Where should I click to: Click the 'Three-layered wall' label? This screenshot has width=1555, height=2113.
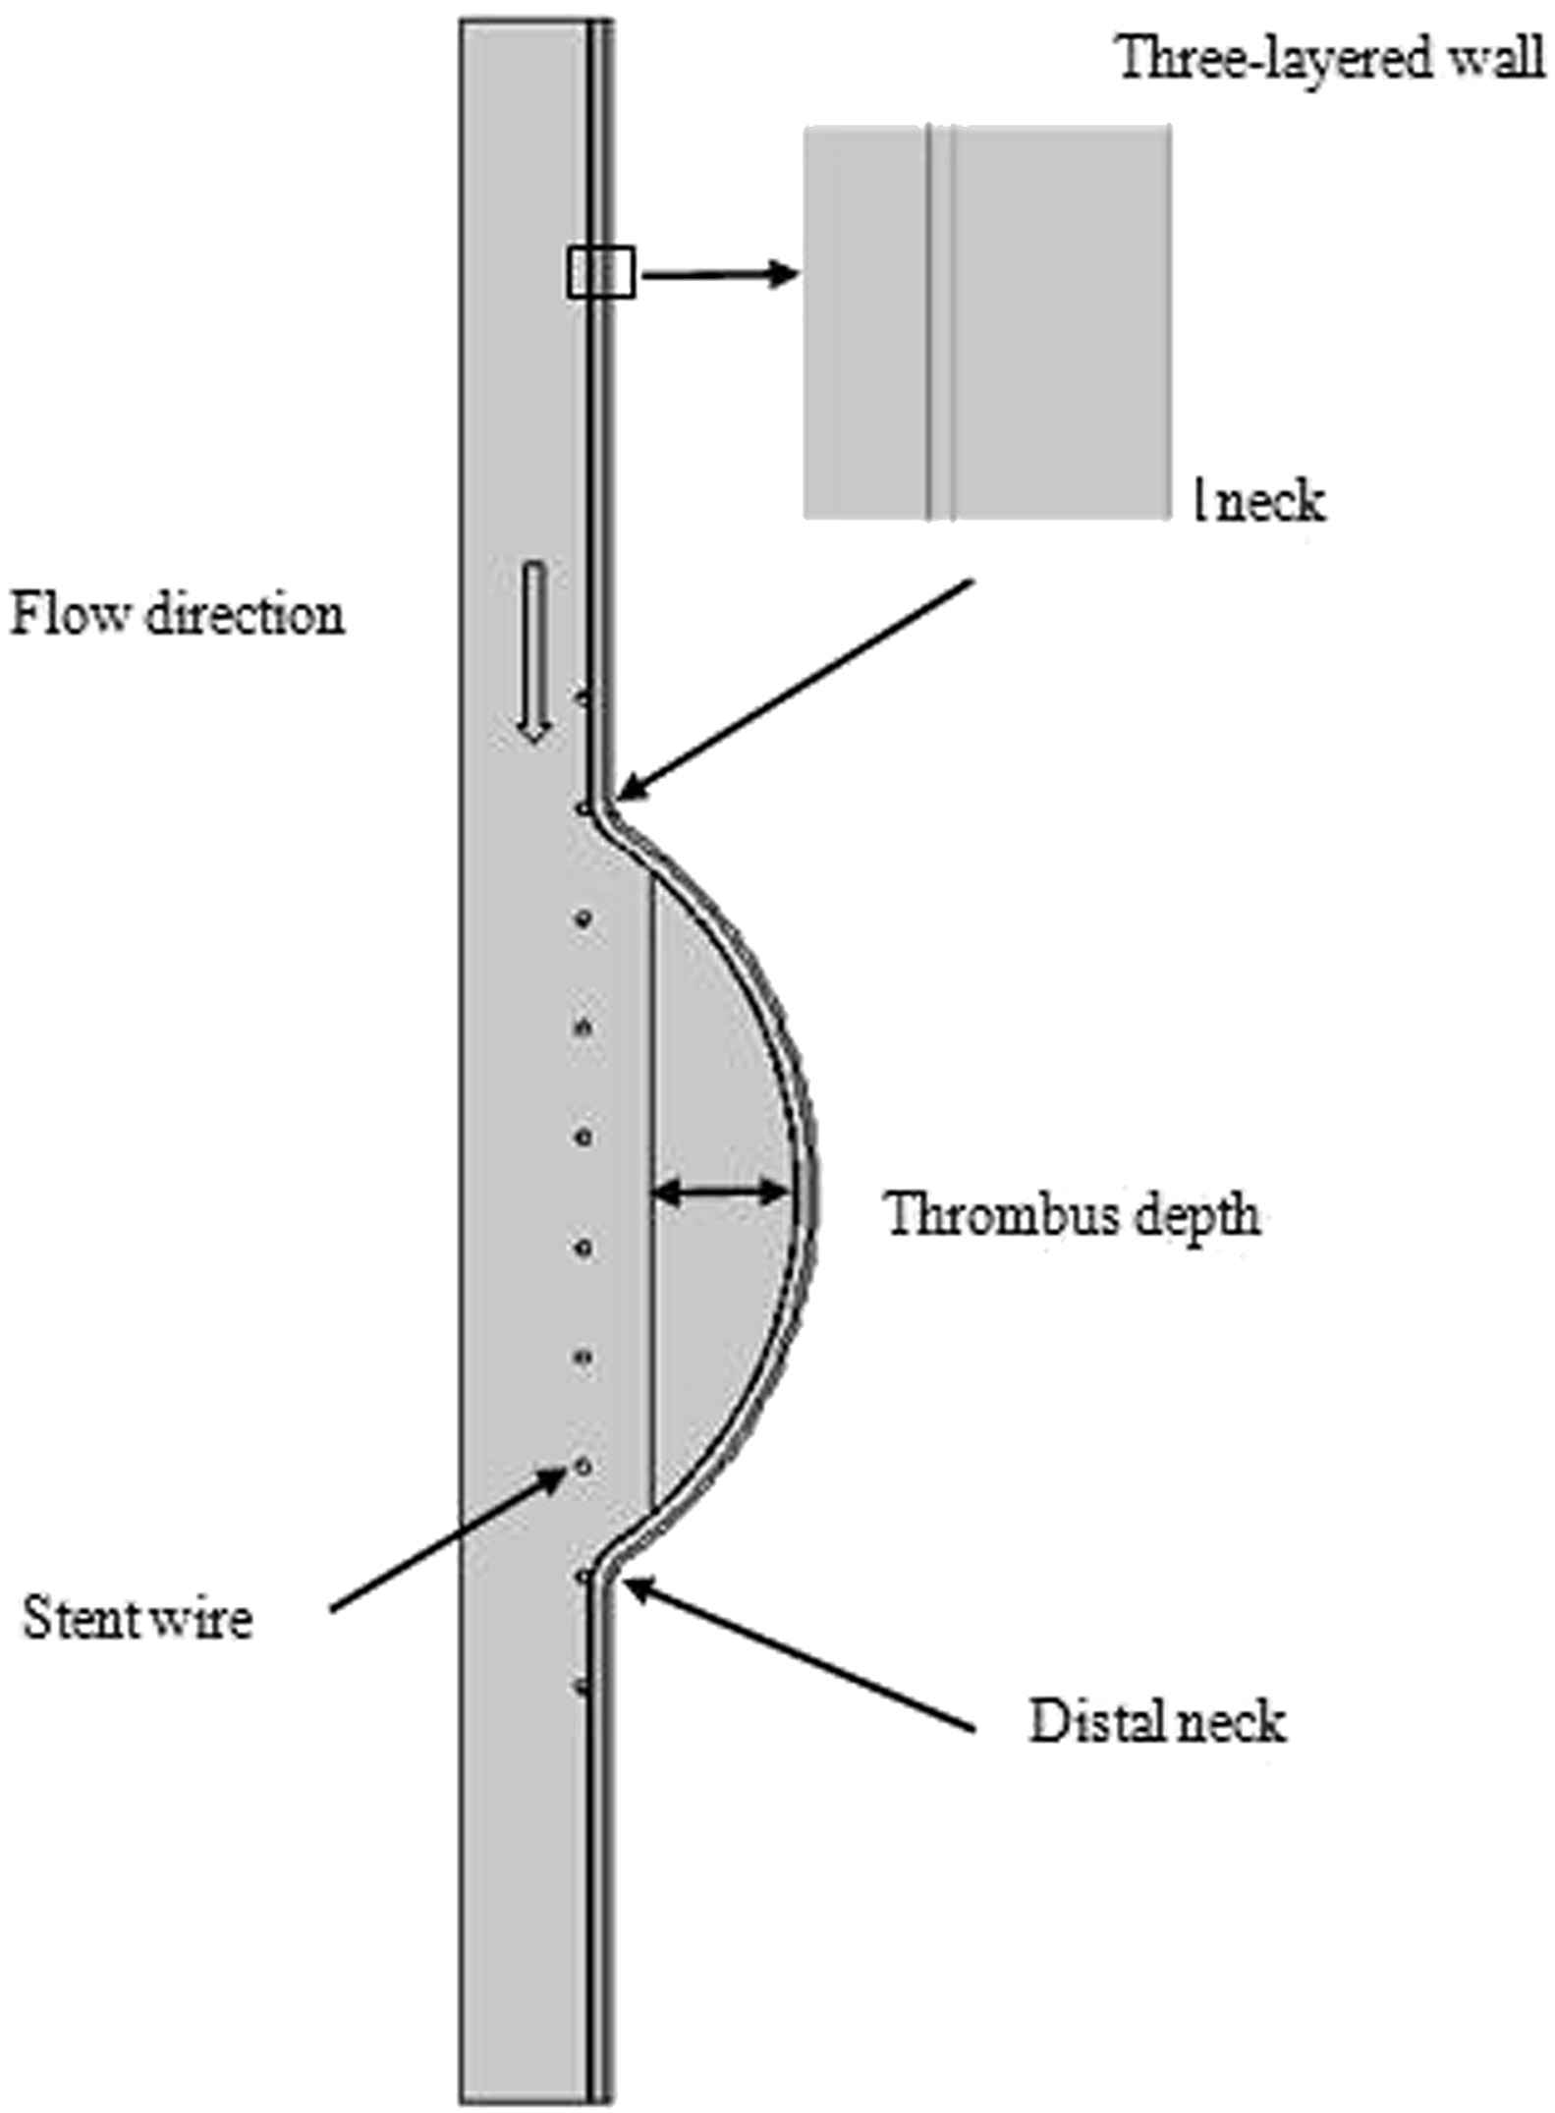[1330, 59]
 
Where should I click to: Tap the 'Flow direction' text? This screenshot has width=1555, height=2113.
[178, 617]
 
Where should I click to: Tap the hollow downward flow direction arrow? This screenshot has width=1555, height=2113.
[533, 652]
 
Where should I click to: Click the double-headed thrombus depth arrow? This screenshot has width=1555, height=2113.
[721, 1194]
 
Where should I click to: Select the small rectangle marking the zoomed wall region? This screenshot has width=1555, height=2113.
[600, 272]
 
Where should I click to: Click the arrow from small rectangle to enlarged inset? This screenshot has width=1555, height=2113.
[717, 275]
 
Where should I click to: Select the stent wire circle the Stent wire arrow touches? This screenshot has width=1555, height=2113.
[583, 1467]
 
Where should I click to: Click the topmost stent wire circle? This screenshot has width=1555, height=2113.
[583, 697]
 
